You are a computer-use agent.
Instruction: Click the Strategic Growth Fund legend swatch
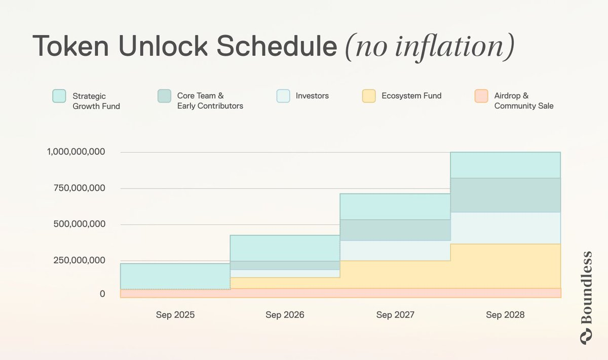coord(59,96)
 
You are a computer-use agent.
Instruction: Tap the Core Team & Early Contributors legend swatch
coord(164,96)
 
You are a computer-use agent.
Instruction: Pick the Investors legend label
coord(312,95)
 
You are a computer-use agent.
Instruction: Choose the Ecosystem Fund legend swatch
coord(369,96)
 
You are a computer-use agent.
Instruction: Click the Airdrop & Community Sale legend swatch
coord(481,96)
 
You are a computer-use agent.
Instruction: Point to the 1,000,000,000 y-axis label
coord(75,152)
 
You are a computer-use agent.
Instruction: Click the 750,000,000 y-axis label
coord(80,188)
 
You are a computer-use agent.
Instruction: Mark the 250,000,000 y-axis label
coord(80,260)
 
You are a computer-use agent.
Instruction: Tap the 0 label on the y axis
coord(102,294)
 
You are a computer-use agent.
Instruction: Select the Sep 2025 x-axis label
coord(175,315)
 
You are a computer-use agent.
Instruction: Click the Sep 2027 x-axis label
coord(395,315)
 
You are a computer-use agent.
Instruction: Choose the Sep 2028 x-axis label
coord(505,315)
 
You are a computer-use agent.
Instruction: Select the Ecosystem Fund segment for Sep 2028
coord(505,266)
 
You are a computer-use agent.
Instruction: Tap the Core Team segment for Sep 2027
coord(395,230)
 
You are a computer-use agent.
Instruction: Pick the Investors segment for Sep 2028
coord(505,228)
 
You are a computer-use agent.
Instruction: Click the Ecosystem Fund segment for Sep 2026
coord(285,283)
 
